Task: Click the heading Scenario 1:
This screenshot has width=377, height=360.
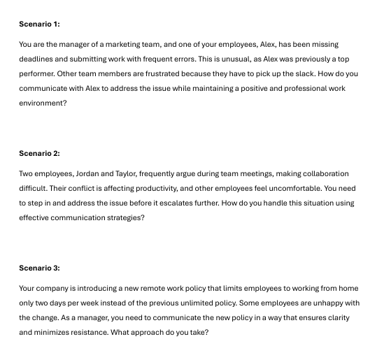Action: pyautogui.click(x=39, y=24)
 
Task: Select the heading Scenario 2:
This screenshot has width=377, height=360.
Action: pyautogui.click(x=39, y=153)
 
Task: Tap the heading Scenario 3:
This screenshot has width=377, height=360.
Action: pyautogui.click(x=39, y=268)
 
